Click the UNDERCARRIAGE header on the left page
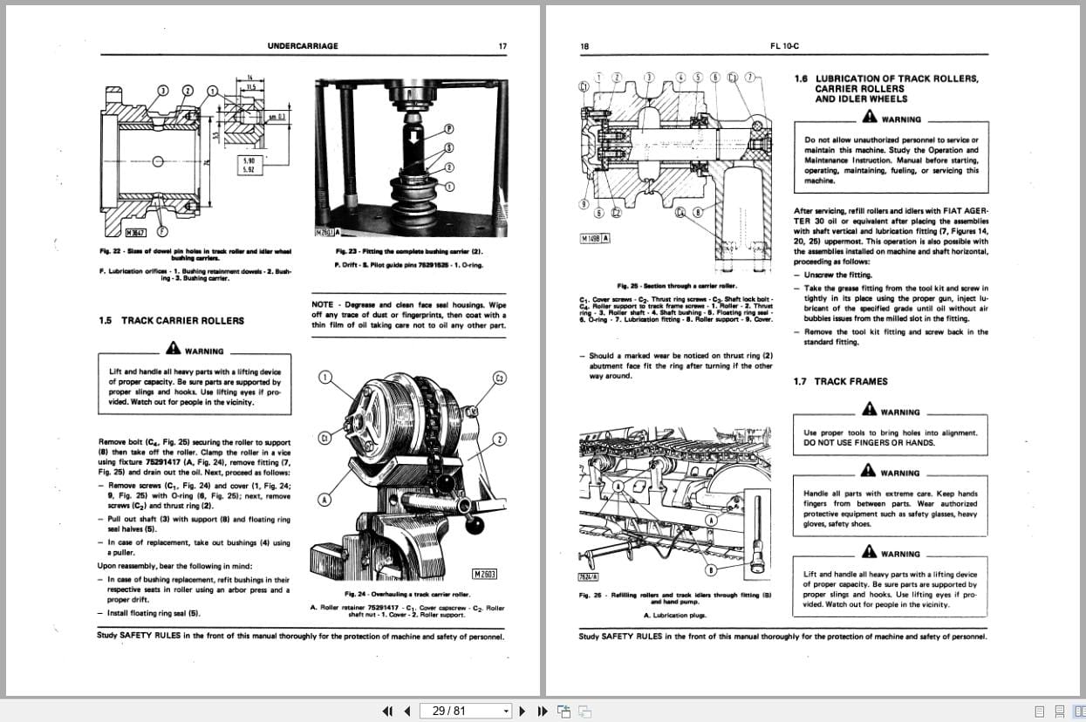(x=303, y=45)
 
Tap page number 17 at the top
(x=502, y=45)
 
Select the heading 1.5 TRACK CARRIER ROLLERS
(x=171, y=321)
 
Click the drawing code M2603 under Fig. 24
(x=484, y=573)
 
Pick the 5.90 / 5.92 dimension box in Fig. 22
(x=249, y=166)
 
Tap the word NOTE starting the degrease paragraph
(x=323, y=304)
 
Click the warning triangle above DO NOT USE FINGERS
(x=869, y=409)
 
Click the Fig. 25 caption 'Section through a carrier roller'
(x=677, y=286)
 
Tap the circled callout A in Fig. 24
(x=324, y=500)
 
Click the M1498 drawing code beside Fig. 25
(x=594, y=238)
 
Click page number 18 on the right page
(x=584, y=45)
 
